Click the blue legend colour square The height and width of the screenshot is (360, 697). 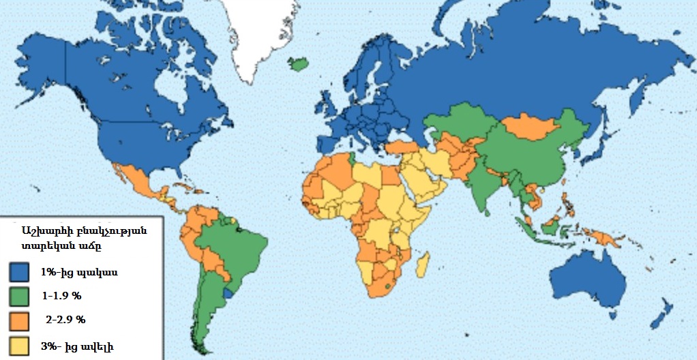[20, 273]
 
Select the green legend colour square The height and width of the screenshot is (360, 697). [20, 297]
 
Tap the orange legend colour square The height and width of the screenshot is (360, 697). [20, 320]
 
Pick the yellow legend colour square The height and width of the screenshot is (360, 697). [20, 344]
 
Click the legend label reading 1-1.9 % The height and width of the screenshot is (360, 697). [61, 297]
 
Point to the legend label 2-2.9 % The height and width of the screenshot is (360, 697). [65, 320]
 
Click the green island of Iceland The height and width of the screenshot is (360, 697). [298, 64]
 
